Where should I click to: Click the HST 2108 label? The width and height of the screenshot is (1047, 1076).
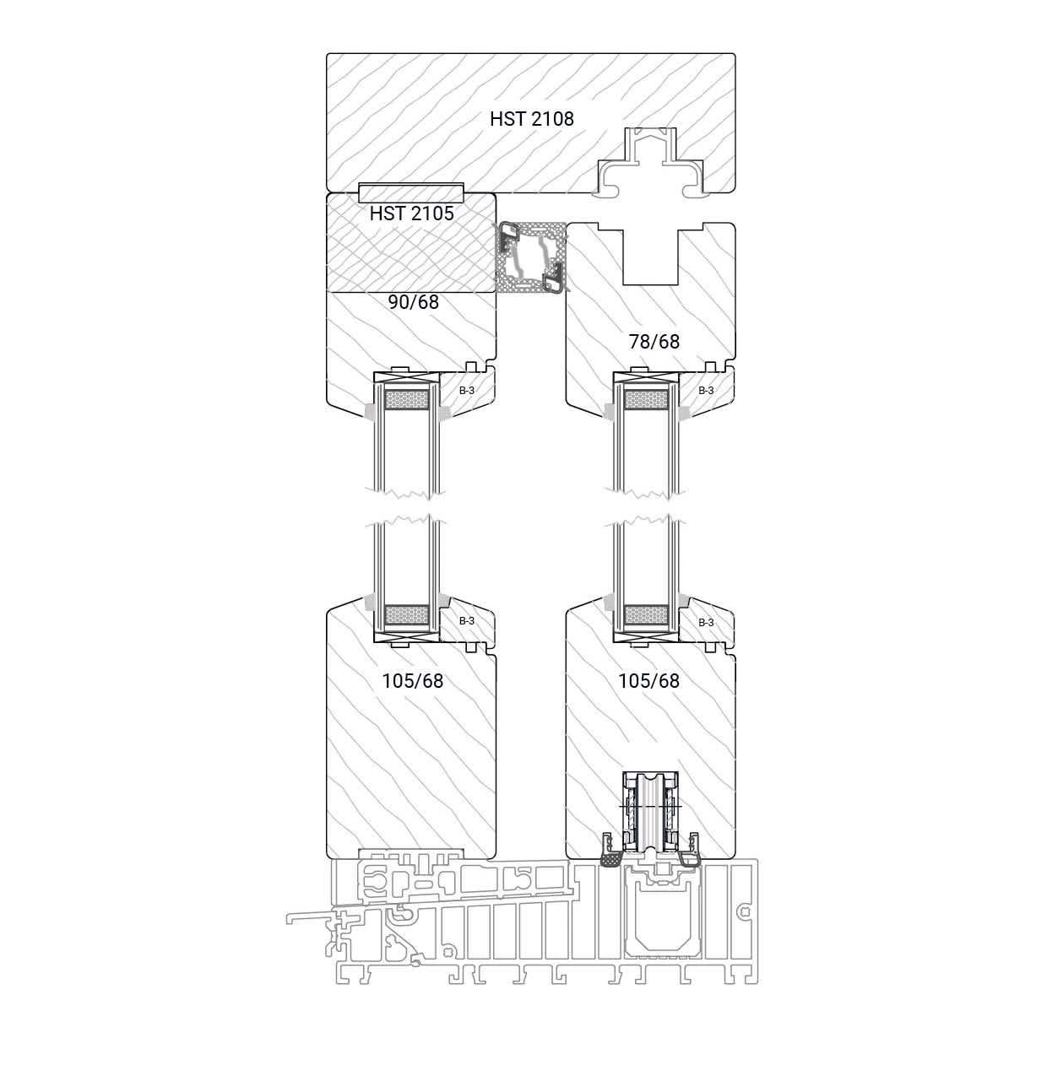point(531,119)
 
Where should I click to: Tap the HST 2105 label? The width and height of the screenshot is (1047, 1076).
point(411,214)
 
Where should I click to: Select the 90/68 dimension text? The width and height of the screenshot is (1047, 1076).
point(413,302)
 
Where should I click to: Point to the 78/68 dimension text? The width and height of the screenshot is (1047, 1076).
point(654,341)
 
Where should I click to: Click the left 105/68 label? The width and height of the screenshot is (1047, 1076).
point(413,681)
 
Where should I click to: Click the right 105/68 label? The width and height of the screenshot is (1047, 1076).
point(648,680)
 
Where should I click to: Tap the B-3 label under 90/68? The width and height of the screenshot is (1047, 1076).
point(466,391)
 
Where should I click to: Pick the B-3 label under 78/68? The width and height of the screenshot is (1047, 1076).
point(706,391)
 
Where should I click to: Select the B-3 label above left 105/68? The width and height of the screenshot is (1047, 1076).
point(466,621)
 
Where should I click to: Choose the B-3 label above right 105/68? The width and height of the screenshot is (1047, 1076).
point(706,623)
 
